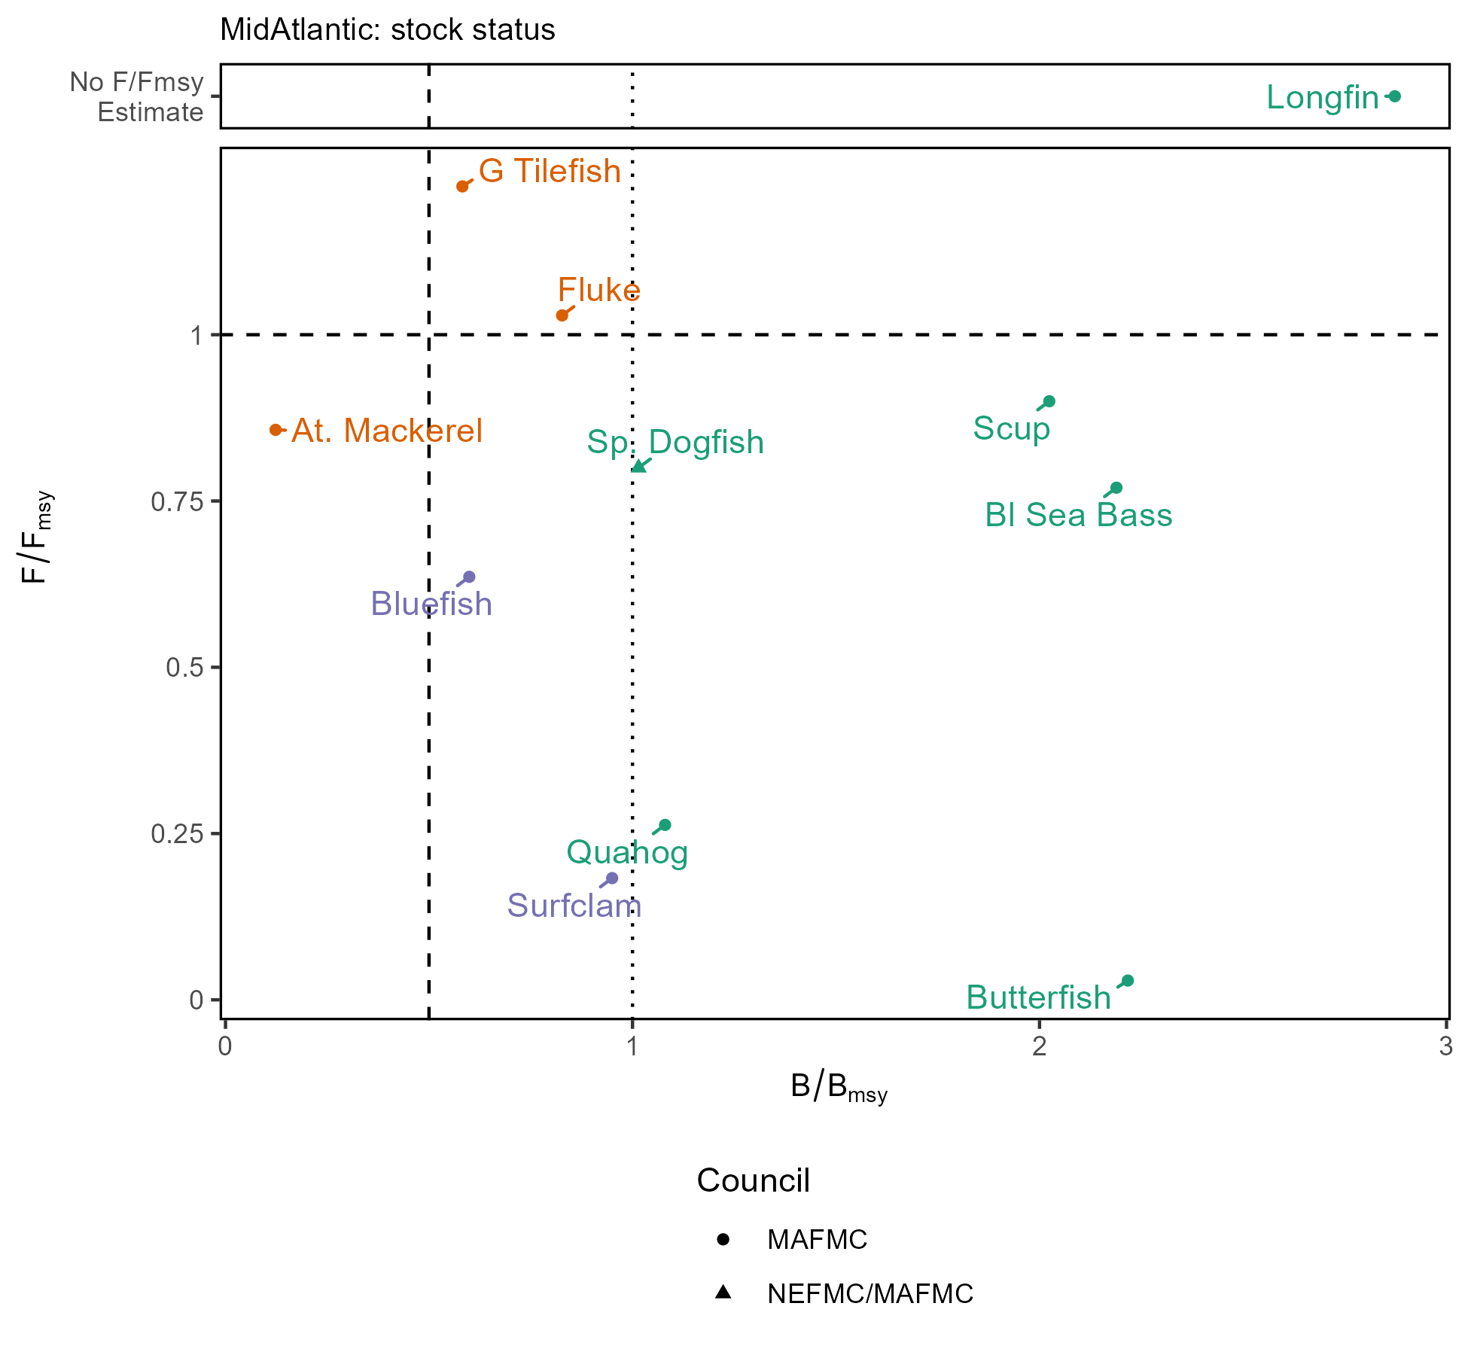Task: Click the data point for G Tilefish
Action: (x=462, y=186)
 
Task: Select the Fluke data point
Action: (x=562, y=315)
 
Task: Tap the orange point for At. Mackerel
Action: (x=276, y=430)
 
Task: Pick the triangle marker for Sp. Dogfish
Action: (x=638, y=467)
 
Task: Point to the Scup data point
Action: (x=1049, y=401)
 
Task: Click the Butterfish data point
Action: (x=1128, y=980)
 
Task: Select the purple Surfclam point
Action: (x=612, y=878)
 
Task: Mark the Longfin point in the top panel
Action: (x=1395, y=96)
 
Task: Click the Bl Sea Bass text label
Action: (x=1078, y=516)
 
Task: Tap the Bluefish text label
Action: (x=431, y=604)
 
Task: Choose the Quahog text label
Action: (x=627, y=853)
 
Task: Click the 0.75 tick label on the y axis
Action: (x=178, y=501)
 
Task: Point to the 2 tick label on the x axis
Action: (x=1040, y=1046)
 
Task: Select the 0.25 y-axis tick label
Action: (x=178, y=834)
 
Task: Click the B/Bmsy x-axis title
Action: (x=839, y=1088)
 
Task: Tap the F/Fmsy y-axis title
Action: (x=36, y=537)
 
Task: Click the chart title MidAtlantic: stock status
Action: (x=388, y=30)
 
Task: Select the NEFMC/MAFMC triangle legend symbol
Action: (x=723, y=1293)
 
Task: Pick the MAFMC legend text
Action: (x=817, y=1239)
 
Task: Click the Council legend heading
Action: (x=753, y=1180)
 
